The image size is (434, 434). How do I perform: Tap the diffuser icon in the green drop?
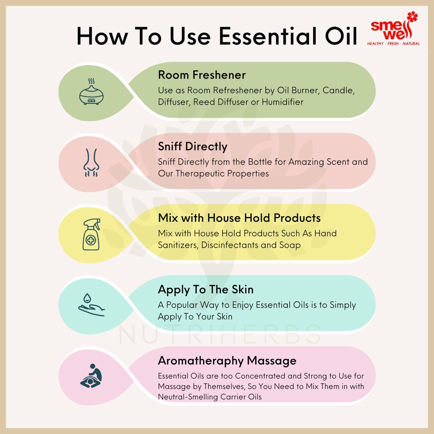tap(92, 92)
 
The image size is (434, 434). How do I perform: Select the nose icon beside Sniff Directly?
tap(92, 163)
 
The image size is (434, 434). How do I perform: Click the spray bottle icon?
tap(92, 234)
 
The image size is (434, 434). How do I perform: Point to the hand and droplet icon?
tap(92, 305)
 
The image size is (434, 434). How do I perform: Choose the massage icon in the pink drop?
tap(92, 376)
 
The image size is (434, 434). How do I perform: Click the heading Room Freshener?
tap(202, 75)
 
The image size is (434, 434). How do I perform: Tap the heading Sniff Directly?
tap(193, 147)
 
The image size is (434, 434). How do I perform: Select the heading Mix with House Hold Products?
tap(239, 218)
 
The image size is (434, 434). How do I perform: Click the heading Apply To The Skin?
tap(206, 290)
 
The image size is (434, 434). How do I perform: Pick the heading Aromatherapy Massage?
tap(227, 361)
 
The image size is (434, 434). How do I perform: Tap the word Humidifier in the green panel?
tap(283, 102)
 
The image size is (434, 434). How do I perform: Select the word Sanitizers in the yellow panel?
tap(178, 245)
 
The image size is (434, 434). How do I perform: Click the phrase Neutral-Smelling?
tap(188, 397)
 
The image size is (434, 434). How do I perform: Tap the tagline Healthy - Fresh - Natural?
tap(393, 44)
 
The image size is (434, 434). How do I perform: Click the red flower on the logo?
tap(412, 17)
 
